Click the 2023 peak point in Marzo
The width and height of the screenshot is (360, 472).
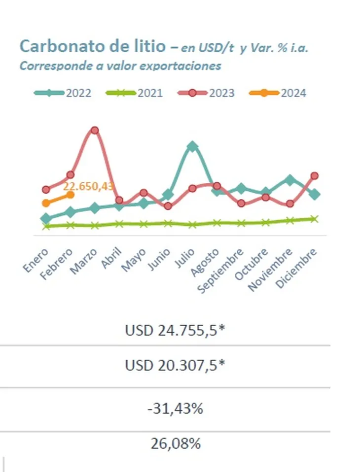click(x=95, y=131)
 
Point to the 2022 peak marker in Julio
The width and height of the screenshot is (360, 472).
click(x=192, y=146)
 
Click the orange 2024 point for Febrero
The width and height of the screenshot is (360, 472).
click(x=70, y=195)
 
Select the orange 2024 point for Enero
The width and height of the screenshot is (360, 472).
click(x=46, y=203)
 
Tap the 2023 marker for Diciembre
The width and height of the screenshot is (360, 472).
click(x=314, y=176)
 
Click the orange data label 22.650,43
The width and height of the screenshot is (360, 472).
click(x=89, y=186)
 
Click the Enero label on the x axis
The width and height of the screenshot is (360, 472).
click(x=36, y=261)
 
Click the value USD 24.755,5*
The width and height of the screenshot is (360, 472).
click(x=175, y=330)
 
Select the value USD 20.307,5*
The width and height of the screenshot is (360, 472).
click(x=175, y=366)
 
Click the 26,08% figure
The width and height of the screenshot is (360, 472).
click(x=175, y=443)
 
